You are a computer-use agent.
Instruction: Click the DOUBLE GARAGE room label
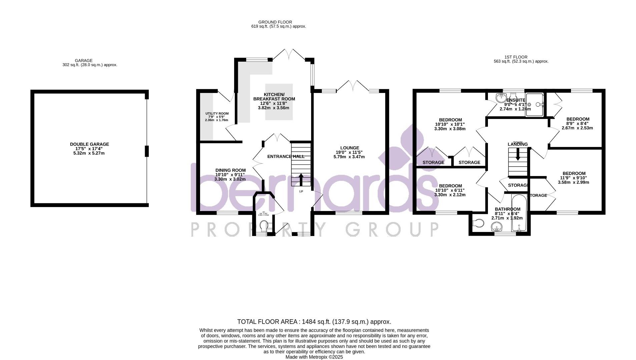[x=89, y=144]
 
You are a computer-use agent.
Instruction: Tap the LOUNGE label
[x=350, y=148]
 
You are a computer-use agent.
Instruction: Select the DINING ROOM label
[x=230, y=170]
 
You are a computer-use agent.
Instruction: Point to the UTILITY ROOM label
[x=217, y=114]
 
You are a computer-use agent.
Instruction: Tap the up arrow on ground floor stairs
[x=301, y=179]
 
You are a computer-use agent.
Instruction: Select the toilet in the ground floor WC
[x=263, y=224]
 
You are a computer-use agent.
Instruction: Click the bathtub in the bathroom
[x=519, y=213]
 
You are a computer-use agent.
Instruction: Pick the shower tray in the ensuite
[x=535, y=105]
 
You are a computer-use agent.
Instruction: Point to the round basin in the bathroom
[x=497, y=228]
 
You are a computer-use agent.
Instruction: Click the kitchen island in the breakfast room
[x=279, y=102]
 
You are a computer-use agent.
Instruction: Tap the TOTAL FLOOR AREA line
[x=314, y=322]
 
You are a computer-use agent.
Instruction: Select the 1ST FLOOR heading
[x=516, y=57]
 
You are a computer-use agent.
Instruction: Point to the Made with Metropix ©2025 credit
[x=314, y=357]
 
